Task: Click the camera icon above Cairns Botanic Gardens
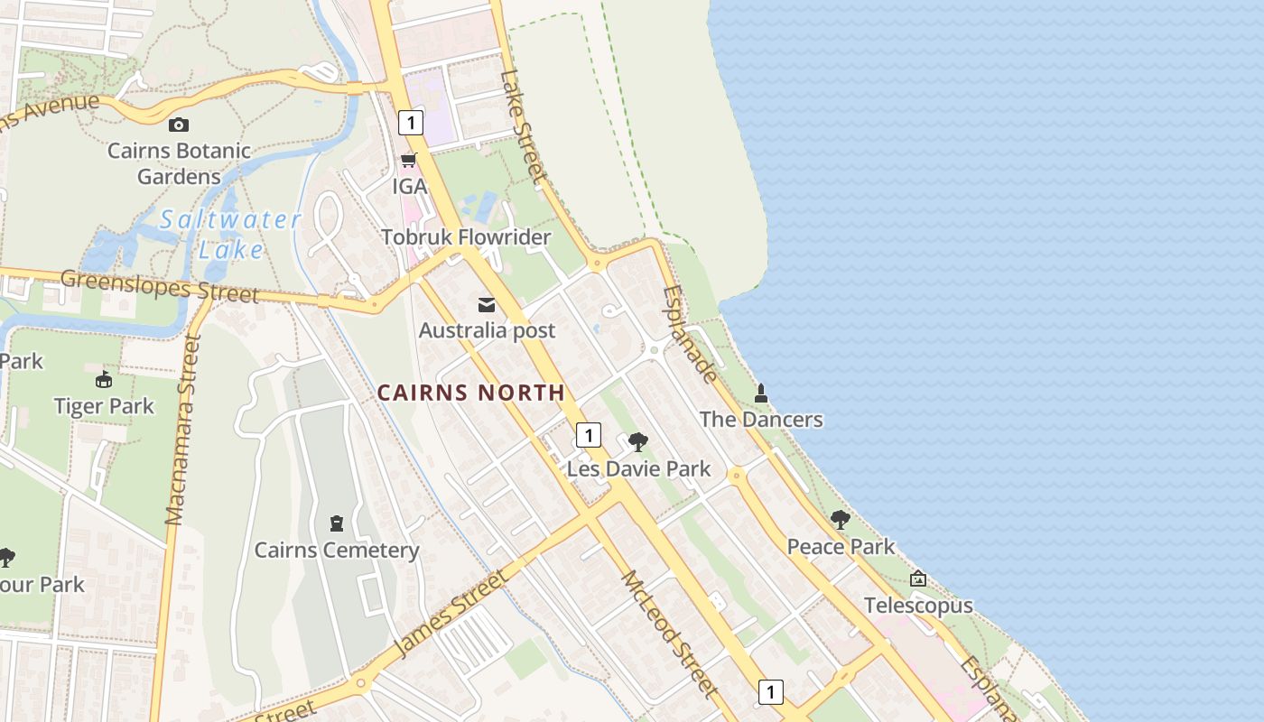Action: [179, 125]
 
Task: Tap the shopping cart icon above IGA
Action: [409, 161]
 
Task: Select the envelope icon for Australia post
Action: [487, 304]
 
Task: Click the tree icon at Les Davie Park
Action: [638, 442]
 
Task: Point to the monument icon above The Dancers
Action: [761, 393]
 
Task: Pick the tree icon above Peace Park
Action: [841, 520]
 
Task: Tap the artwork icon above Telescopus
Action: [918, 579]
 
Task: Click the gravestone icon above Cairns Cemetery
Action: [337, 523]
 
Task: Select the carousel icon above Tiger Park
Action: [104, 379]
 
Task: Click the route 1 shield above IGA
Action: [411, 122]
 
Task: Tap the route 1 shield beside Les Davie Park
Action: [588, 435]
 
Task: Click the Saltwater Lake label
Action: [230, 234]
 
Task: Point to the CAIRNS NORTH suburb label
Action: [471, 393]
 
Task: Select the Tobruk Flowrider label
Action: [466, 237]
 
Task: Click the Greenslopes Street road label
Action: [160, 286]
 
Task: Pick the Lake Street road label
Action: [525, 127]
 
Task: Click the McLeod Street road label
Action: [670, 634]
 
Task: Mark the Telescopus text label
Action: [918, 606]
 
